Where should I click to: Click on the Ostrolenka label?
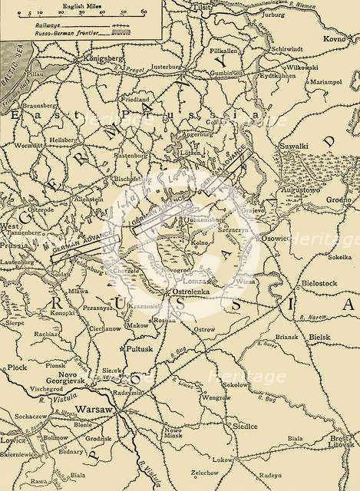(x=190, y=292)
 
